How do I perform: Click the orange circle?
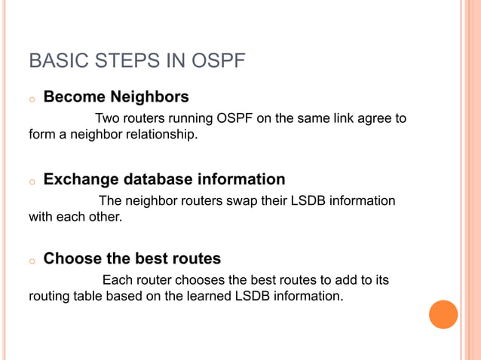[443, 314]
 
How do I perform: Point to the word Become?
[75, 97]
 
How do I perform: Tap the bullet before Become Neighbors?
[32, 99]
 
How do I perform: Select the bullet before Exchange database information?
[32, 182]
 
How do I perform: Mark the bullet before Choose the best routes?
[32, 261]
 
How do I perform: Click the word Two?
[107, 119]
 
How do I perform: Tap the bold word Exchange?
[81, 179]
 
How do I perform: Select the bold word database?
[158, 179]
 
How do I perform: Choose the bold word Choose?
[72, 259]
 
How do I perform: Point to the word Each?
[118, 280]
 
